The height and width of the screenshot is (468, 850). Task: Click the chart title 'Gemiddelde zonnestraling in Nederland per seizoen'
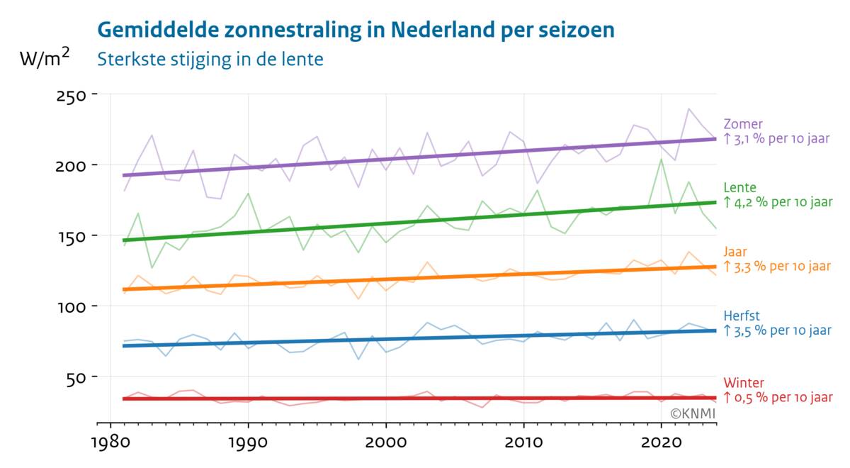coord(355,30)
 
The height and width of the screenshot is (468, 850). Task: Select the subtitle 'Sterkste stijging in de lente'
coord(210,59)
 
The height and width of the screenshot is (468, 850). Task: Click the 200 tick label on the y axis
coord(71,166)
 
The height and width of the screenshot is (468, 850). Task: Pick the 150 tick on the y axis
coord(71,236)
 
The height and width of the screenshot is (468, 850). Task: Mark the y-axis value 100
coord(71,307)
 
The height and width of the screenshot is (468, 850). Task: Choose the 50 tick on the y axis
coord(75,377)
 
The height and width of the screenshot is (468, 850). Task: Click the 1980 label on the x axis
coord(110,445)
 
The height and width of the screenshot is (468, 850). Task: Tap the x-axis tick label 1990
coord(248,445)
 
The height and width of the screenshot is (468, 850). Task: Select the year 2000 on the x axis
coord(385,445)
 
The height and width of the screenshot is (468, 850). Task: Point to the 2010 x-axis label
coord(523,445)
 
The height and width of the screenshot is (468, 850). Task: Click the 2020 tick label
coord(661,445)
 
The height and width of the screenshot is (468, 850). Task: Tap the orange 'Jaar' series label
coord(735,252)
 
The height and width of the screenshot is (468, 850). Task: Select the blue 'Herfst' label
coord(742,316)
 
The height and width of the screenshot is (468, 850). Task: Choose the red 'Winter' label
coord(744,383)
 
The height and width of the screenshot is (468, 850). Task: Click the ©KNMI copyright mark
coord(693,413)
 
